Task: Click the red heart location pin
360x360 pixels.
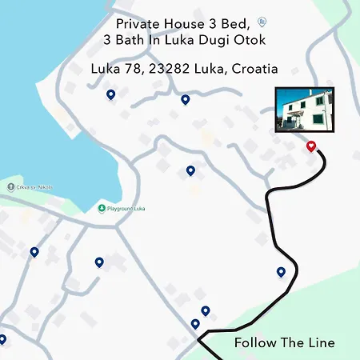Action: (x=311, y=146)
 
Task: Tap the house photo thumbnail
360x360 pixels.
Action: (x=304, y=110)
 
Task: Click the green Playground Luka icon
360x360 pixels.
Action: (x=102, y=209)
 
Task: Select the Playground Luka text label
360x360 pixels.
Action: (x=128, y=209)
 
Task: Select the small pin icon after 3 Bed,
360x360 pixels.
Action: (x=263, y=22)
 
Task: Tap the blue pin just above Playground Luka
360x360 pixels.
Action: (x=190, y=170)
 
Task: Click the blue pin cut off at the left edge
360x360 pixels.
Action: (x=2, y=338)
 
